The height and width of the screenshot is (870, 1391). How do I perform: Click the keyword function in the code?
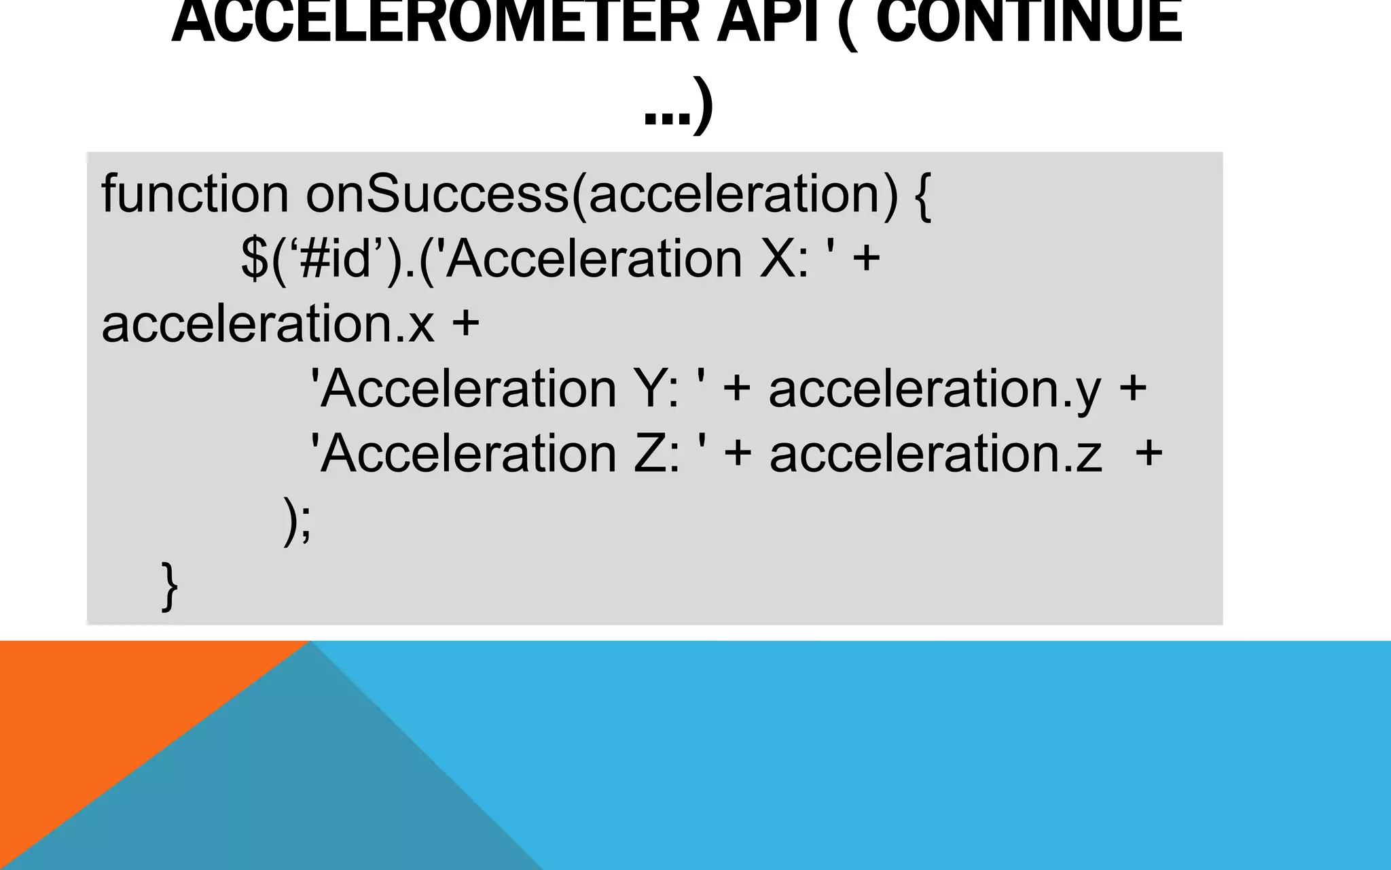(195, 194)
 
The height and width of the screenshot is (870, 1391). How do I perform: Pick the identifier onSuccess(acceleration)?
(602, 196)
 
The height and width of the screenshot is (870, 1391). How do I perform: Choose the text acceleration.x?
(268, 324)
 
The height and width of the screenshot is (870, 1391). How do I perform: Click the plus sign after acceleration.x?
(466, 324)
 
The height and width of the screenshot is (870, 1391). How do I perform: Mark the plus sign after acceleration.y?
(1133, 389)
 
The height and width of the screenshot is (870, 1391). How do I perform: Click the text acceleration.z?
(935, 453)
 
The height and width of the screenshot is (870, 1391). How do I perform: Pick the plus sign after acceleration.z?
(1149, 453)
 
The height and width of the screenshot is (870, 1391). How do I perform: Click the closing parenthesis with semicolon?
(297, 521)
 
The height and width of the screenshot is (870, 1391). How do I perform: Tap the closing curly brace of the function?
(170, 586)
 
